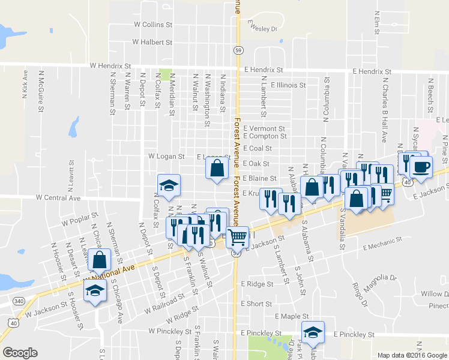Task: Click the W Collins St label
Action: click(153, 25)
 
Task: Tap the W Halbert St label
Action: click(152, 43)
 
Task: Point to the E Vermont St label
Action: click(264, 128)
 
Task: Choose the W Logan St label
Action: click(166, 156)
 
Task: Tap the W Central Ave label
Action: click(58, 197)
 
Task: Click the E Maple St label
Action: click(291, 316)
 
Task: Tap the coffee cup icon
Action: click(421, 167)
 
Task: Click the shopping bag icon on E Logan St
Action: click(217, 168)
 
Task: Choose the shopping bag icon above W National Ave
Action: click(100, 260)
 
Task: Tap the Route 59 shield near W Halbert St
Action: click(238, 49)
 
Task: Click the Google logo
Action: click(20, 353)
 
